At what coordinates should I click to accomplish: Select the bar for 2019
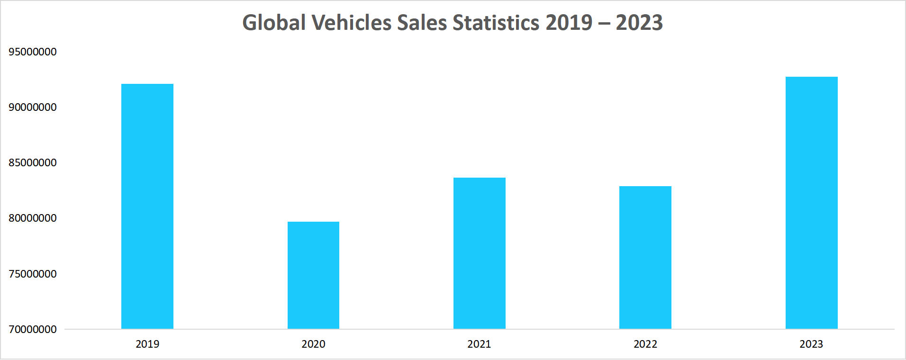tap(147, 206)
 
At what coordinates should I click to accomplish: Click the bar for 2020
tap(313, 275)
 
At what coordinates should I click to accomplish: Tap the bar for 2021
tap(480, 253)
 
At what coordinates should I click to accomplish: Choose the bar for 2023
tap(811, 203)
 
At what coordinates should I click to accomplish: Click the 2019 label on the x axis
tap(147, 344)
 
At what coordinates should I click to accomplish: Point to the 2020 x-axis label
tap(313, 344)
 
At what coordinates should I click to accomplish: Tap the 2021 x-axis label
tap(479, 344)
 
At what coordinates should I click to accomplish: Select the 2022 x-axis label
tap(645, 344)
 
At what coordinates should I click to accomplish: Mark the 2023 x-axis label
tap(811, 344)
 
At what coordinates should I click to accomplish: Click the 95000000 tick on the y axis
tap(33, 52)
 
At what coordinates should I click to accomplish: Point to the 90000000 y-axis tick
tap(33, 107)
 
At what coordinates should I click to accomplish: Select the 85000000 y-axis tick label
tap(33, 162)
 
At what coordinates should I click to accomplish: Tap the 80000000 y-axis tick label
tap(33, 218)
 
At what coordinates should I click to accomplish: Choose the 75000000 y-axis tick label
tap(33, 274)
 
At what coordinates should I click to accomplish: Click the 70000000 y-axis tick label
tap(33, 329)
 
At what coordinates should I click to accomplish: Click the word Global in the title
tap(274, 23)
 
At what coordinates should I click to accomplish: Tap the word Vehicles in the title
tap(351, 23)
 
